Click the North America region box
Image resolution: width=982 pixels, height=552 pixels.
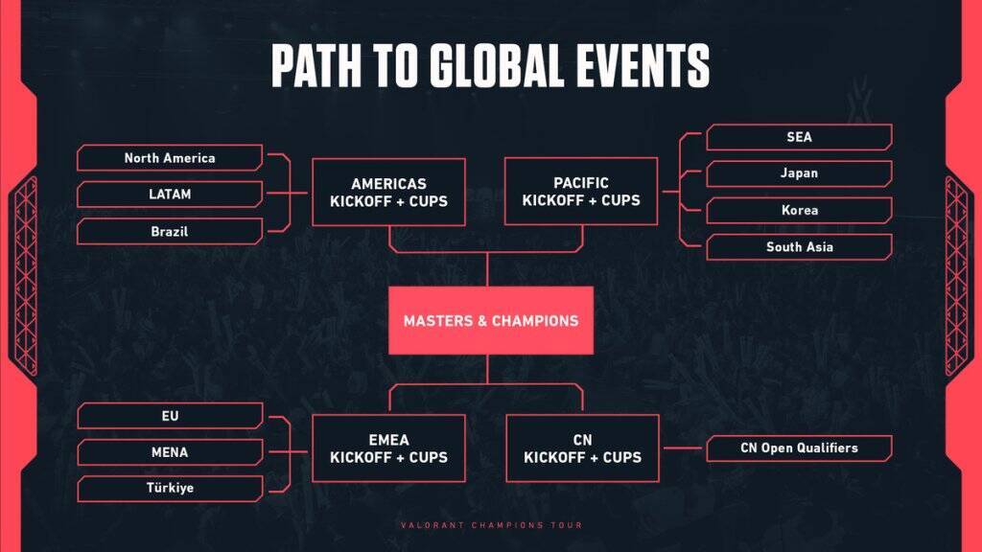pos(170,158)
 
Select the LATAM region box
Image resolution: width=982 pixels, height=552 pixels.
pos(170,194)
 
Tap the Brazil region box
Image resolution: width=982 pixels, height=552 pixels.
pos(170,232)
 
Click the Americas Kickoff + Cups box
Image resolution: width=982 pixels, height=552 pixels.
pos(388,192)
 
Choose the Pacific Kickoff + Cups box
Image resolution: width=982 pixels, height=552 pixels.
pos(581,192)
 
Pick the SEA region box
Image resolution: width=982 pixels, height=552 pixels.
pos(799,137)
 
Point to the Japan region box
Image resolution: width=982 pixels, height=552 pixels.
pos(799,173)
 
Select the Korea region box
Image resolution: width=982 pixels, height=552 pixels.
pos(799,210)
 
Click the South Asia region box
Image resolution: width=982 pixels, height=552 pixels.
pos(799,247)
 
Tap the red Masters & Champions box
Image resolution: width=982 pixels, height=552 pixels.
pos(491,320)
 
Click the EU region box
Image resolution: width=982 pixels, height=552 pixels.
pos(170,416)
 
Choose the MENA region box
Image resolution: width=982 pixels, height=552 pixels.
pos(170,452)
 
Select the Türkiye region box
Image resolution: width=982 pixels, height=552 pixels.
pos(170,488)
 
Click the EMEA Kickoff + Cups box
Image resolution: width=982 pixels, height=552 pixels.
pos(388,448)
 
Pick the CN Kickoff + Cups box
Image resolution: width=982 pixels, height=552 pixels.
pos(582,448)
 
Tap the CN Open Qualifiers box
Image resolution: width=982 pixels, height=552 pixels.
pos(799,448)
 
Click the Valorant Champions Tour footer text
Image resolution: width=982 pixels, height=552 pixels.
pos(492,525)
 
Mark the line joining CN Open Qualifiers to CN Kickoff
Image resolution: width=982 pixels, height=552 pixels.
pos(683,448)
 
